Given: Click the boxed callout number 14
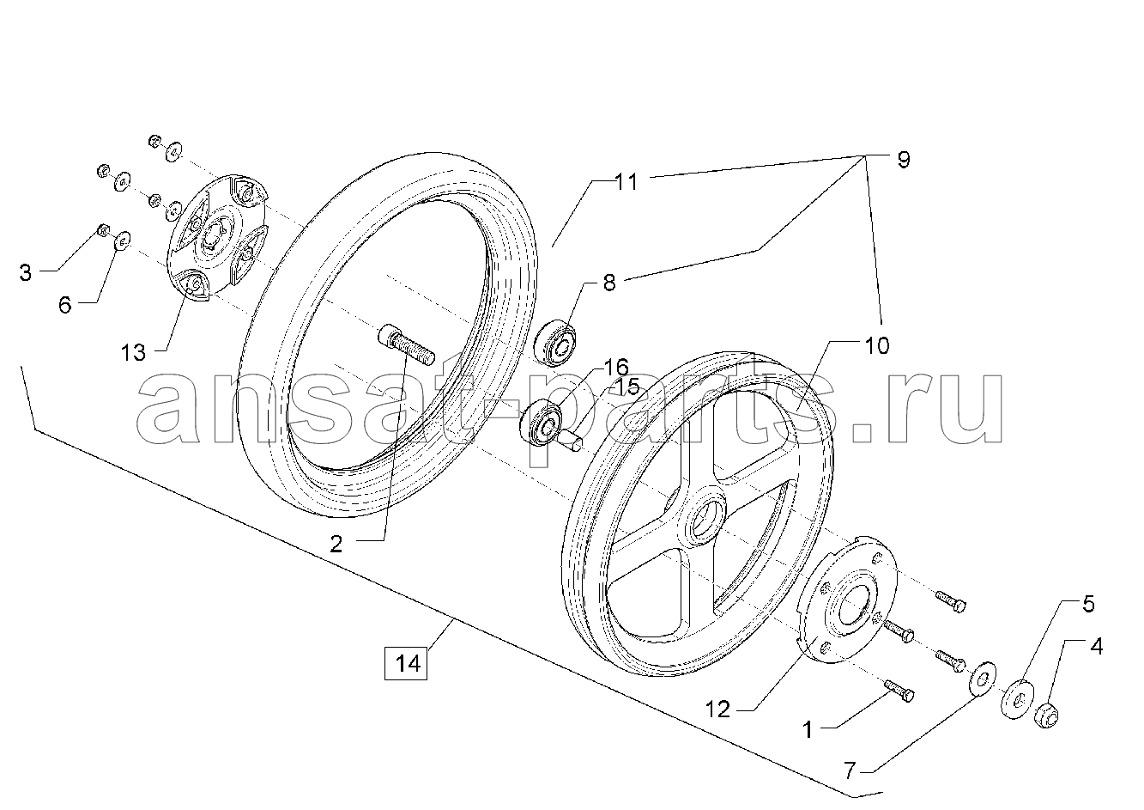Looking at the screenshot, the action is pyautogui.click(x=406, y=664).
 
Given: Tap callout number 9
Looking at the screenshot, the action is pyautogui.click(x=904, y=160).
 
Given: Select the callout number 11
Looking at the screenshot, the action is pyautogui.click(x=626, y=182).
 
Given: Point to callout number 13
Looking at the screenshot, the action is pyautogui.click(x=133, y=353).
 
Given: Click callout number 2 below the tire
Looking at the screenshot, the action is pyautogui.click(x=336, y=545).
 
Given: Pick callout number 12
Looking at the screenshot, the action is pyautogui.click(x=717, y=710).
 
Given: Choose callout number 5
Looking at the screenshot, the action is pyautogui.click(x=1088, y=604).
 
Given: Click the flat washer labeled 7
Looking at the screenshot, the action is pyautogui.click(x=981, y=679).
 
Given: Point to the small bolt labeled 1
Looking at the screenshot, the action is pyautogui.click(x=899, y=691).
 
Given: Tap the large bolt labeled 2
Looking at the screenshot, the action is pyautogui.click(x=406, y=345).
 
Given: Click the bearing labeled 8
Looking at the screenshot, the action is pyautogui.click(x=555, y=342).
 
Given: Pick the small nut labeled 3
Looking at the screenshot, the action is pyautogui.click(x=102, y=231).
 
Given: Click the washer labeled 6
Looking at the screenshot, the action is pyautogui.click(x=122, y=241).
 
